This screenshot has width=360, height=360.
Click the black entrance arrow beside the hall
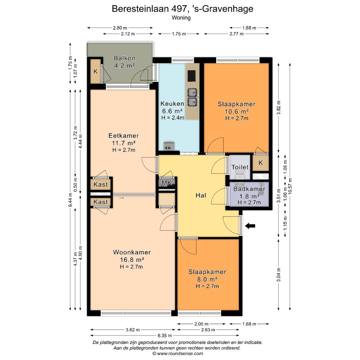coord(250,226)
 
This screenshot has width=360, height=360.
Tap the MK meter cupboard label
coord(167,183)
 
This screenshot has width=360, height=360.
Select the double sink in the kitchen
coord(192,97)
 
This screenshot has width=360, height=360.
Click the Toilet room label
coord(240,167)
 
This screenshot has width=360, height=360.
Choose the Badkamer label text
coord(249,189)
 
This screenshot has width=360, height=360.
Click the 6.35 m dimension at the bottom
coord(165,335)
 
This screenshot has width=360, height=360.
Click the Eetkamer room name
coord(123,136)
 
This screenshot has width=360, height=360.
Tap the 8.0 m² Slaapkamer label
coord(207,279)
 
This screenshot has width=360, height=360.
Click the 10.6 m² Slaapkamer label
coord(236,111)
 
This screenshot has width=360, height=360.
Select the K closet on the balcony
coord(95,71)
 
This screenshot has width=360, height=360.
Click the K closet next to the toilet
coord(261,163)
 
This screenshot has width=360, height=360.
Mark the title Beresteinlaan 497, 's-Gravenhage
coord(182,9)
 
